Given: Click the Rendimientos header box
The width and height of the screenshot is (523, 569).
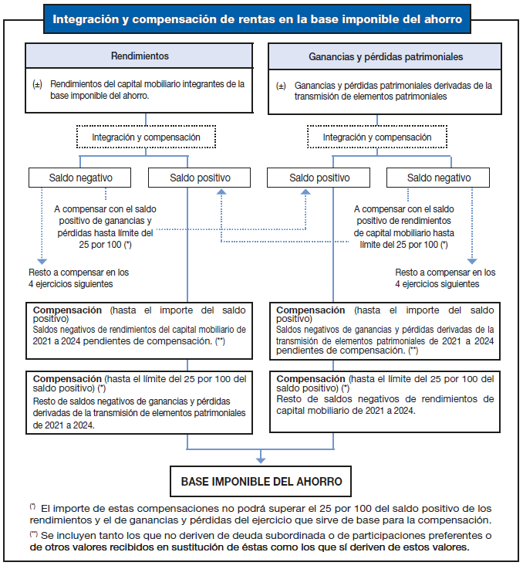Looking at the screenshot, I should click(140, 56).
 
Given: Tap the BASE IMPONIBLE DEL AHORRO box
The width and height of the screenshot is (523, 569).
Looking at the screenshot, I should click(261, 481).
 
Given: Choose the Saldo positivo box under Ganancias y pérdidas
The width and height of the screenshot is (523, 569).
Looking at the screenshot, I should click(319, 178).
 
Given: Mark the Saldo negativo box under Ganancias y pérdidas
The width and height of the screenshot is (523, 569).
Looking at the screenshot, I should click(439, 178).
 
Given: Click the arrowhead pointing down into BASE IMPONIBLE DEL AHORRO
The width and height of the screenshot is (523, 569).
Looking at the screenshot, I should click(261, 460).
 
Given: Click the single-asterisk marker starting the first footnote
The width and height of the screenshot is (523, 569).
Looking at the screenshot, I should click(33, 506).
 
